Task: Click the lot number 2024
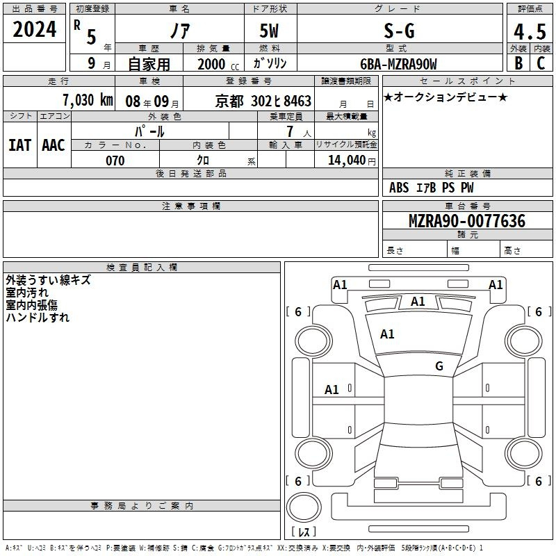click(34, 29)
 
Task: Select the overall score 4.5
click(530, 32)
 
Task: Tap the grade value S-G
click(399, 31)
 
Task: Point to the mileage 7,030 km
click(88, 100)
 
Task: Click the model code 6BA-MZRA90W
click(398, 64)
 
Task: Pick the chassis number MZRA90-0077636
click(467, 221)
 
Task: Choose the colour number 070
click(115, 161)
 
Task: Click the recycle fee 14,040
click(347, 161)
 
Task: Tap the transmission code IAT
click(20, 145)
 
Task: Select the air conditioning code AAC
click(54, 145)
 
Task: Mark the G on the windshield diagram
click(439, 366)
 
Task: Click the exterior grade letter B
click(518, 63)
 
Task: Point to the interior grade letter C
click(541, 63)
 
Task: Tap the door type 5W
click(269, 31)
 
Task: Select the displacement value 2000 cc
click(218, 64)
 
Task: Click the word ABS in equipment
click(399, 188)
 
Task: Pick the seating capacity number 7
click(290, 131)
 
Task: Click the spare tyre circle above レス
click(304, 507)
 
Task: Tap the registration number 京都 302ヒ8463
click(263, 101)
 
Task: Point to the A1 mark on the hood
click(387, 334)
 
